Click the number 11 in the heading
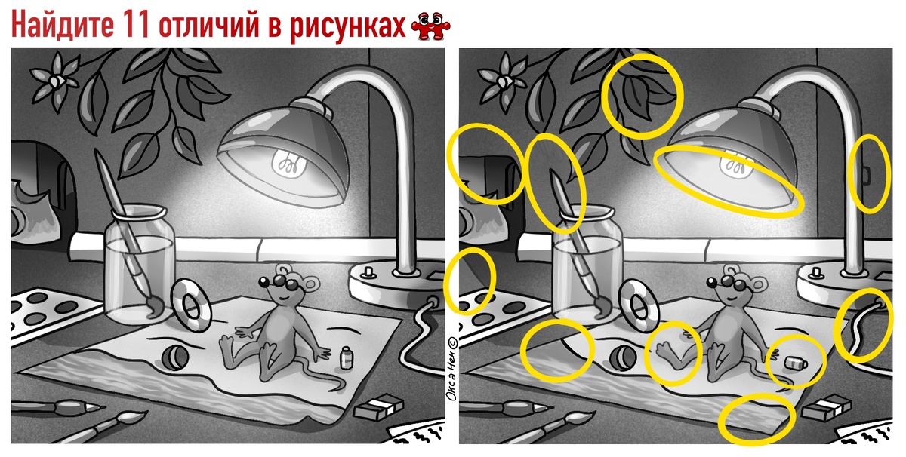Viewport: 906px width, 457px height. tap(134, 25)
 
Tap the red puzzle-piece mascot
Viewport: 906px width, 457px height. tap(431, 26)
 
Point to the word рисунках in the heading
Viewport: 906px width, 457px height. tap(348, 26)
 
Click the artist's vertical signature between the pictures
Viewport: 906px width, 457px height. tap(451, 369)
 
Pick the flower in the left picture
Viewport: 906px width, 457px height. tap(55, 81)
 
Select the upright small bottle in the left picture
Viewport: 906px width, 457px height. tap(347, 357)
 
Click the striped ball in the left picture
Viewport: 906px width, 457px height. tap(175, 357)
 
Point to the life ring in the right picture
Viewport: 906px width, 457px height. tap(639, 306)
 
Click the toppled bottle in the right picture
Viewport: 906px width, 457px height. tap(796, 363)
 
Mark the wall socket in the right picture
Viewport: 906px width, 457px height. tap(867, 174)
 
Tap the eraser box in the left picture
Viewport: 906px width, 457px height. tap(378, 405)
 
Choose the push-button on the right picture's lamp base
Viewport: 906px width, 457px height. tap(816, 271)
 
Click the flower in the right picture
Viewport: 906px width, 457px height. tap(503, 81)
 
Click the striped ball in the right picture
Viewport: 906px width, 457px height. tap(624, 357)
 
